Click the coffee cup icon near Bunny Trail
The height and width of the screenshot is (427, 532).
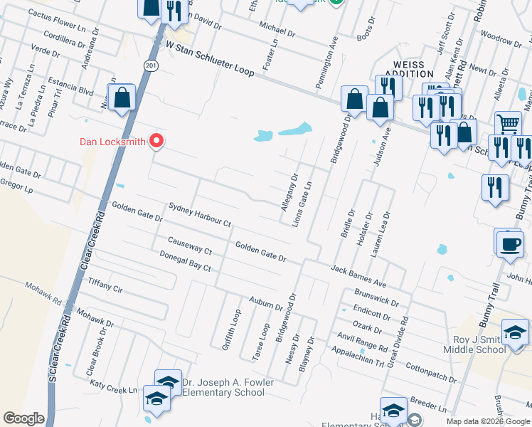tap(511, 244)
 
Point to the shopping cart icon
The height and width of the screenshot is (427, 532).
tap(508, 123)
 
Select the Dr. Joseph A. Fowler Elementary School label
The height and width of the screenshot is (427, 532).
tap(228, 387)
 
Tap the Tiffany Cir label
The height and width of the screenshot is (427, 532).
tap(105, 285)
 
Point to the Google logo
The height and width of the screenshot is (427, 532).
tap(23, 418)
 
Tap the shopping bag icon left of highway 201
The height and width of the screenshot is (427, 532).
tap(122, 100)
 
